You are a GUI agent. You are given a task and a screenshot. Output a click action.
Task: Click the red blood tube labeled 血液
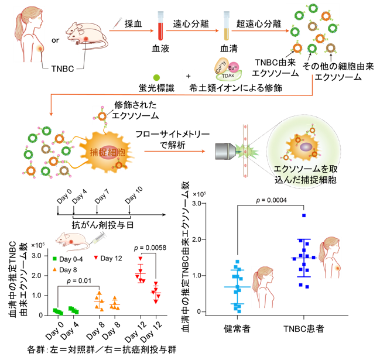(160, 26)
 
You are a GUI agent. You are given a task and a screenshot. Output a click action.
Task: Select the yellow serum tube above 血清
(227, 26)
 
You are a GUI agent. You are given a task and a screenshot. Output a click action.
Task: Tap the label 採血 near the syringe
(133, 24)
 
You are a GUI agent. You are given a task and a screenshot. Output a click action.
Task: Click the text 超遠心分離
(259, 24)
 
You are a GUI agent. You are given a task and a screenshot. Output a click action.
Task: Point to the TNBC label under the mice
(63, 69)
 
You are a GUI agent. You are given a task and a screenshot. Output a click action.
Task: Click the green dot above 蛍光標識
(156, 77)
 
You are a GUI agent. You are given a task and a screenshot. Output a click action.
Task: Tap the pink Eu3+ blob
(233, 67)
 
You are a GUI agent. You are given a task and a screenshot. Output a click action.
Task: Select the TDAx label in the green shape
(228, 76)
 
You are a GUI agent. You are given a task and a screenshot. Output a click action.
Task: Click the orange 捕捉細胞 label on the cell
(108, 152)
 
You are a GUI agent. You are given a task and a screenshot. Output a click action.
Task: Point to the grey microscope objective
(226, 152)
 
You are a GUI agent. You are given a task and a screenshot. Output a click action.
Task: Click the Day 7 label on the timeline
(102, 196)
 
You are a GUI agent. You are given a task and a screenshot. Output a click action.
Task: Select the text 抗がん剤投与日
(102, 225)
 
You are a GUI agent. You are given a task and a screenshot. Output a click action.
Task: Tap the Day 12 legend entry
(108, 258)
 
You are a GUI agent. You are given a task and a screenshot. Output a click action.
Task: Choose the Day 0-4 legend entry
(68, 259)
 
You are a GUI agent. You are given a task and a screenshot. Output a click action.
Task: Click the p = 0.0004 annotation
(272, 200)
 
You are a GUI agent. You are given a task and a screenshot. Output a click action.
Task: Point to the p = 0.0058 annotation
(150, 248)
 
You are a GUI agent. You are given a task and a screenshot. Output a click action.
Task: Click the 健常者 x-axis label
(237, 329)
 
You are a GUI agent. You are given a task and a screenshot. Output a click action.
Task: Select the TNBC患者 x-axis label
(304, 329)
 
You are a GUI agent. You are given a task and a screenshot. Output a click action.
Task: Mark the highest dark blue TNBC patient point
(304, 215)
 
